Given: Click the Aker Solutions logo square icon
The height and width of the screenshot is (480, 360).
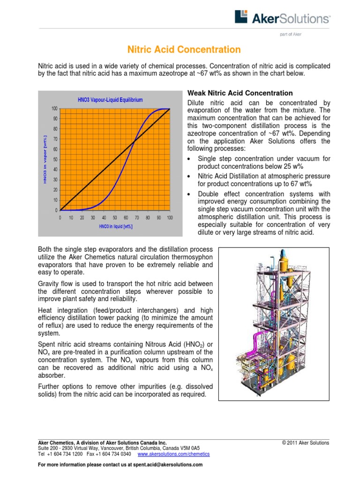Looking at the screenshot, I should tap(240, 17).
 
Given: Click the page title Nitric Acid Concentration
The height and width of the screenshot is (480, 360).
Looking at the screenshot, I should tap(184, 50).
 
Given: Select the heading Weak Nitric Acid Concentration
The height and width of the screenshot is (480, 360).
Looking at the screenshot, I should tap(240, 93).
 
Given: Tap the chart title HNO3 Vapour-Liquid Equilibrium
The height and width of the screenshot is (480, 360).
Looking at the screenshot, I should tap(110, 100).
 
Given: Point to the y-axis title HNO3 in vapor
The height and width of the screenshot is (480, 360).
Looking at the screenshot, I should tap(45, 159).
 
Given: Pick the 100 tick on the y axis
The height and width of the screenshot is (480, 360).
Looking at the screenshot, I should tap(55, 109).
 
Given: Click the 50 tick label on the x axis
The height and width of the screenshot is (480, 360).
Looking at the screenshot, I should tap(115, 217).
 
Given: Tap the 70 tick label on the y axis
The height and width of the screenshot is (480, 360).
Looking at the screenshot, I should tap(56, 139).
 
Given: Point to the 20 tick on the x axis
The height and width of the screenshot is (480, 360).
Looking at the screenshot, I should tap(82, 217).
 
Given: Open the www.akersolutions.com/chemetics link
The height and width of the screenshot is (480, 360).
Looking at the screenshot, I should tap(173, 454).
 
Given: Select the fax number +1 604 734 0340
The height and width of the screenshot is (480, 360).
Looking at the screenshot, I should tap(114, 454).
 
